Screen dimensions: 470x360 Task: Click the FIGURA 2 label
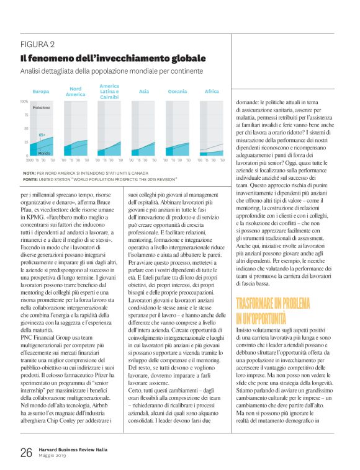coord(38,44)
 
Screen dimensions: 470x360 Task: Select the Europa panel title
coord(41,91)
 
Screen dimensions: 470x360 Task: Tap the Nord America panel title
coord(75,91)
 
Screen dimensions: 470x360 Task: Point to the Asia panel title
coord(143,91)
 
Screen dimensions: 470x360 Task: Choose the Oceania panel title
coord(178,91)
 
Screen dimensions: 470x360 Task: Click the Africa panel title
coord(212,91)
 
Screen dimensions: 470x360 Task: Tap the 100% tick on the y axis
coord(24,101)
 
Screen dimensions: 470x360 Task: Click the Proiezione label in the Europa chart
coord(41,107)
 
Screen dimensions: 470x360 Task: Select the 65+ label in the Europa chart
coord(42,134)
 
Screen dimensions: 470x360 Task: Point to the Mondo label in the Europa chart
coord(44,153)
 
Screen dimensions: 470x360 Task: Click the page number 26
coord(25,453)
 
